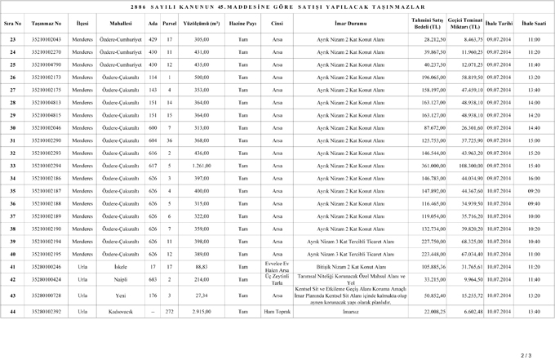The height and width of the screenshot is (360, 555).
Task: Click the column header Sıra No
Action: point(13,24)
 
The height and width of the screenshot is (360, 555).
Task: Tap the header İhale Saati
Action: point(534,24)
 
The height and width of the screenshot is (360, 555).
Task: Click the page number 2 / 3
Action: point(526,354)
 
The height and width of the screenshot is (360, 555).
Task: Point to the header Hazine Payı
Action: point(243,24)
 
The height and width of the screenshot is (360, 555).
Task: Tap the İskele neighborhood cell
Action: point(121,267)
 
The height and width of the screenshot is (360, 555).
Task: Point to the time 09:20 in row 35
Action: point(534,191)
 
